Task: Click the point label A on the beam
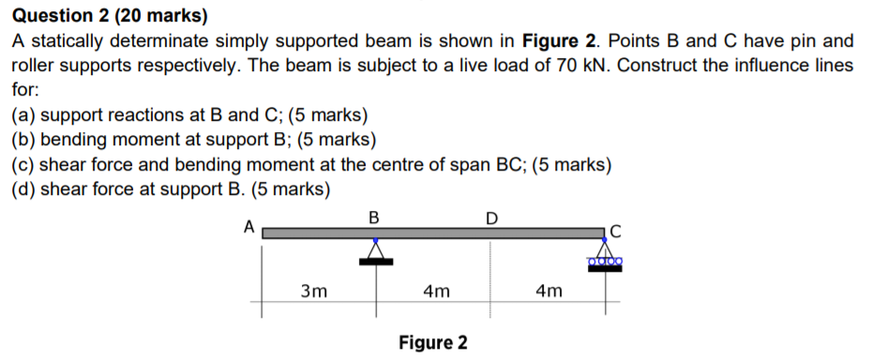pyautogui.click(x=248, y=226)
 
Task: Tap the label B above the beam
pyautogui.click(x=374, y=217)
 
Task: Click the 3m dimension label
pyautogui.click(x=314, y=291)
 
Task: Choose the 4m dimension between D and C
pyautogui.click(x=549, y=291)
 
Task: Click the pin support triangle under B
pyautogui.click(x=376, y=250)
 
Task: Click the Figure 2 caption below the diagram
pyautogui.click(x=432, y=342)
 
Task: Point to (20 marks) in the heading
pyautogui.click(x=170, y=17)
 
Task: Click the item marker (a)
pyautogui.click(x=23, y=115)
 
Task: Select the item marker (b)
pyautogui.click(x=23, y=140)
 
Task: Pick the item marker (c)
pyautogui.click(x=23, y=165)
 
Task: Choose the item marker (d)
pyautogui.click(x=23, y=189)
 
